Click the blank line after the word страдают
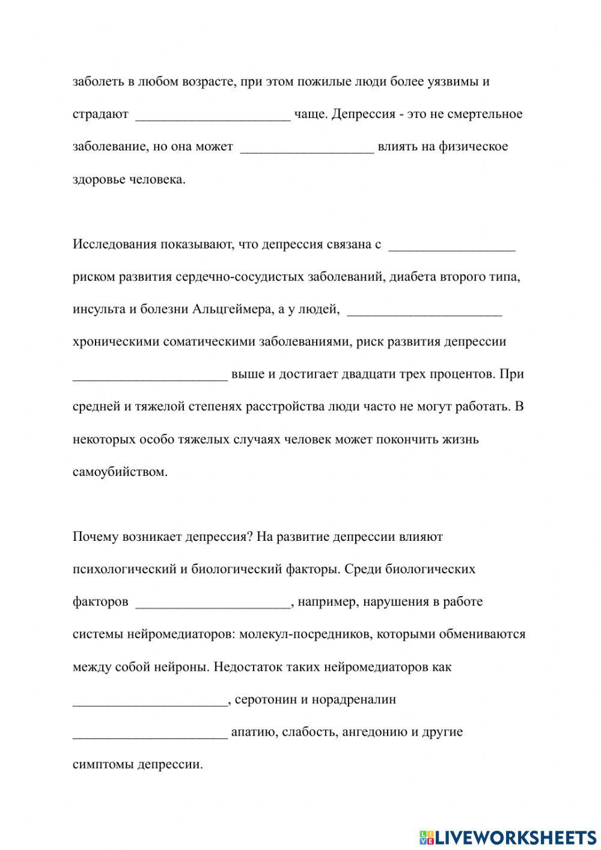coord(213,115)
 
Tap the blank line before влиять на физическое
coord(307,148)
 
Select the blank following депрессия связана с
coord(453,246)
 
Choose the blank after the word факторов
coord(213,603)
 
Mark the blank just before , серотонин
coord(150,701)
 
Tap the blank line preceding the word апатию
coord(150,734)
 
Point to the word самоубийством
coord(120,472)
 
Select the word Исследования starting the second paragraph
coord(114,244)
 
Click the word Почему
coord(96,537)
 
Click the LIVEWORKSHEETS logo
coord(508,837)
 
